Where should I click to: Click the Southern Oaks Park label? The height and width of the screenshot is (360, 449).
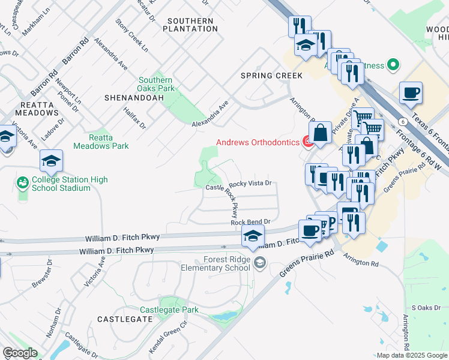pyautogui.click(x=156, y=84)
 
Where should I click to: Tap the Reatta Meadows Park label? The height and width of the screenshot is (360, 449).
pyautogui.click(x=101, y=141)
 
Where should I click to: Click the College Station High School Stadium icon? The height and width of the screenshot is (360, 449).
pyautogui.click(x=23, y=182)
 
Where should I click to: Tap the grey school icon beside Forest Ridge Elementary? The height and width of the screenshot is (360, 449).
pyautogui.click(x=260, y=262)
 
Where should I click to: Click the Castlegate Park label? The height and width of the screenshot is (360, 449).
pyautogui.click(x=169, y=310)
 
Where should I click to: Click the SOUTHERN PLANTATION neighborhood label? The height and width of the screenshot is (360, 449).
pyautogui.click(x=190, y=25)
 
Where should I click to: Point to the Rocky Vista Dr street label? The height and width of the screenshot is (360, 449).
pyautogui.click(x=250, y=183)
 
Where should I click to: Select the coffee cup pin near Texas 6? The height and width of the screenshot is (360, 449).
pyautogui.click(x=411, y=92)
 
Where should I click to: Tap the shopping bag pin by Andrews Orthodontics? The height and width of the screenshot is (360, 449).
pyautogui.click(x=321, y=133)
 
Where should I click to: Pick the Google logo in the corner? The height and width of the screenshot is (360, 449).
pyautogui.click(x=20, y=353)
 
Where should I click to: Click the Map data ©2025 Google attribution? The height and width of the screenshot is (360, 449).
pyautogui.click(x=412, y=355)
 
